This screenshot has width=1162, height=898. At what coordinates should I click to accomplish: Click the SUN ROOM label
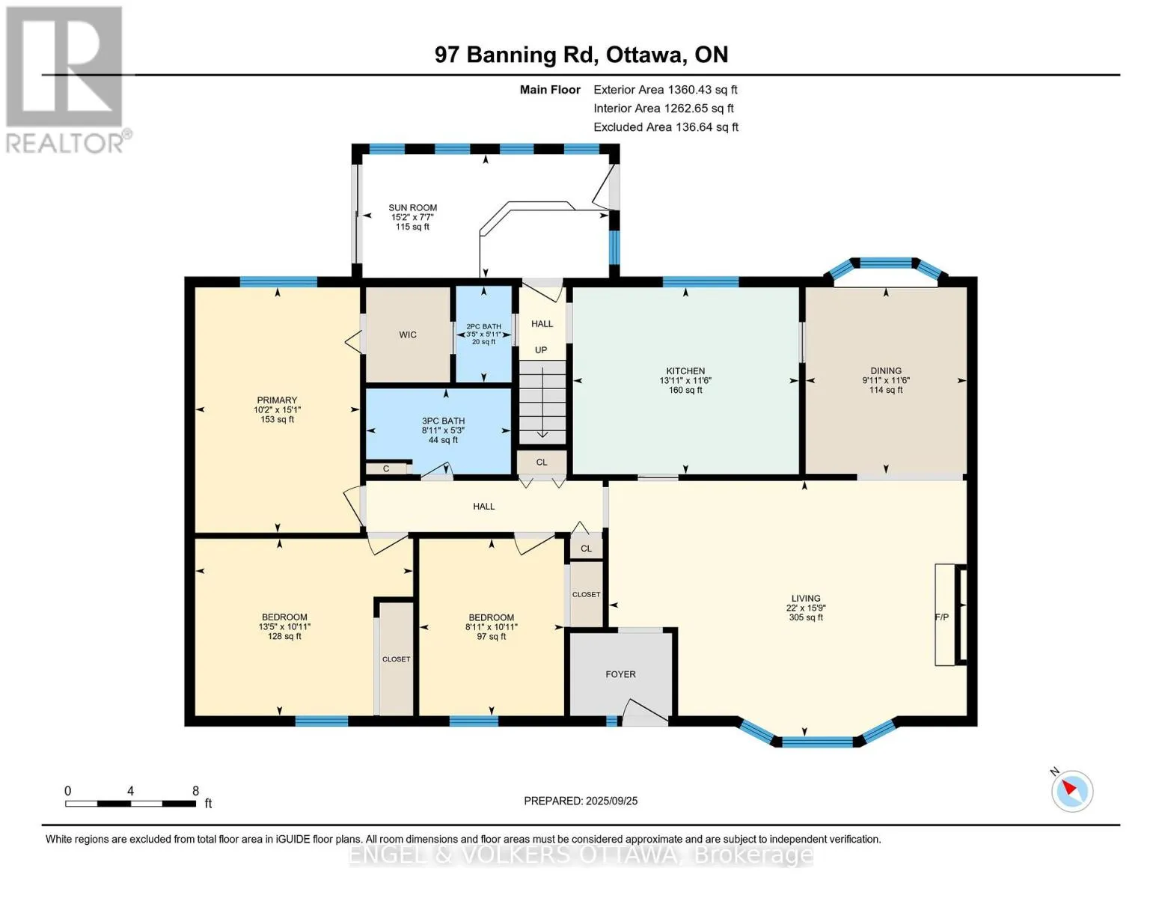click(x=412, y=207)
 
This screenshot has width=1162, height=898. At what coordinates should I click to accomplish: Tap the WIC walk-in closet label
click(x=408, y=335)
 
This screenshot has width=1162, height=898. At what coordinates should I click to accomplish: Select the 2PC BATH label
click(x=483, y=326)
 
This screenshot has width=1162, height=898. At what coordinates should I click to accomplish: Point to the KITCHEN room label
click(x=685, y=370)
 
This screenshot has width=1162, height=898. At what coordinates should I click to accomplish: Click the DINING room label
click(x=886, y=370)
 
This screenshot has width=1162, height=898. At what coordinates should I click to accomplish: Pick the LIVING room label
click(x=805, y=599)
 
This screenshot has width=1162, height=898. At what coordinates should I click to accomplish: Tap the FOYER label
click(x=620, y=674)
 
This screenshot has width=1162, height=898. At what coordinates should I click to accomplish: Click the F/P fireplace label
click(x=941, y=617)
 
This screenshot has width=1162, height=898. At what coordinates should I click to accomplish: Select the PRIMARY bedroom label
click(x=276, y=400)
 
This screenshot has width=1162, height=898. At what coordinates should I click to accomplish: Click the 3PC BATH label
click(x=443, y=421)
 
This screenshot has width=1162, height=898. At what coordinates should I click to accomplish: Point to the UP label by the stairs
click(x=541, y=349)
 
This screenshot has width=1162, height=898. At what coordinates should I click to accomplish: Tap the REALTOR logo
click(x=66, y=80)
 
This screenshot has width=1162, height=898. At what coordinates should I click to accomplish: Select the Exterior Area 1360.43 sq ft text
click(x=665, y=90)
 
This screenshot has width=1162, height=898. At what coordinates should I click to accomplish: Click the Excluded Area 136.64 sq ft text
click(x=666, y=127)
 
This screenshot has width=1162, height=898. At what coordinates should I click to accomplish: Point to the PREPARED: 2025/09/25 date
click(x=580, y=801)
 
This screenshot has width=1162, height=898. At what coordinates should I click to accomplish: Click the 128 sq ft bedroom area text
click(x=284, y=637)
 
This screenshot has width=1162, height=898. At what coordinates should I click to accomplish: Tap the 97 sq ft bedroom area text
click(x=491, y=637)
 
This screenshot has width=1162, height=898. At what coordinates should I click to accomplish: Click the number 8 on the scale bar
click(x=196, y=790)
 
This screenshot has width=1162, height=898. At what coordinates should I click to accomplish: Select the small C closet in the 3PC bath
click(x=385, y=468)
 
